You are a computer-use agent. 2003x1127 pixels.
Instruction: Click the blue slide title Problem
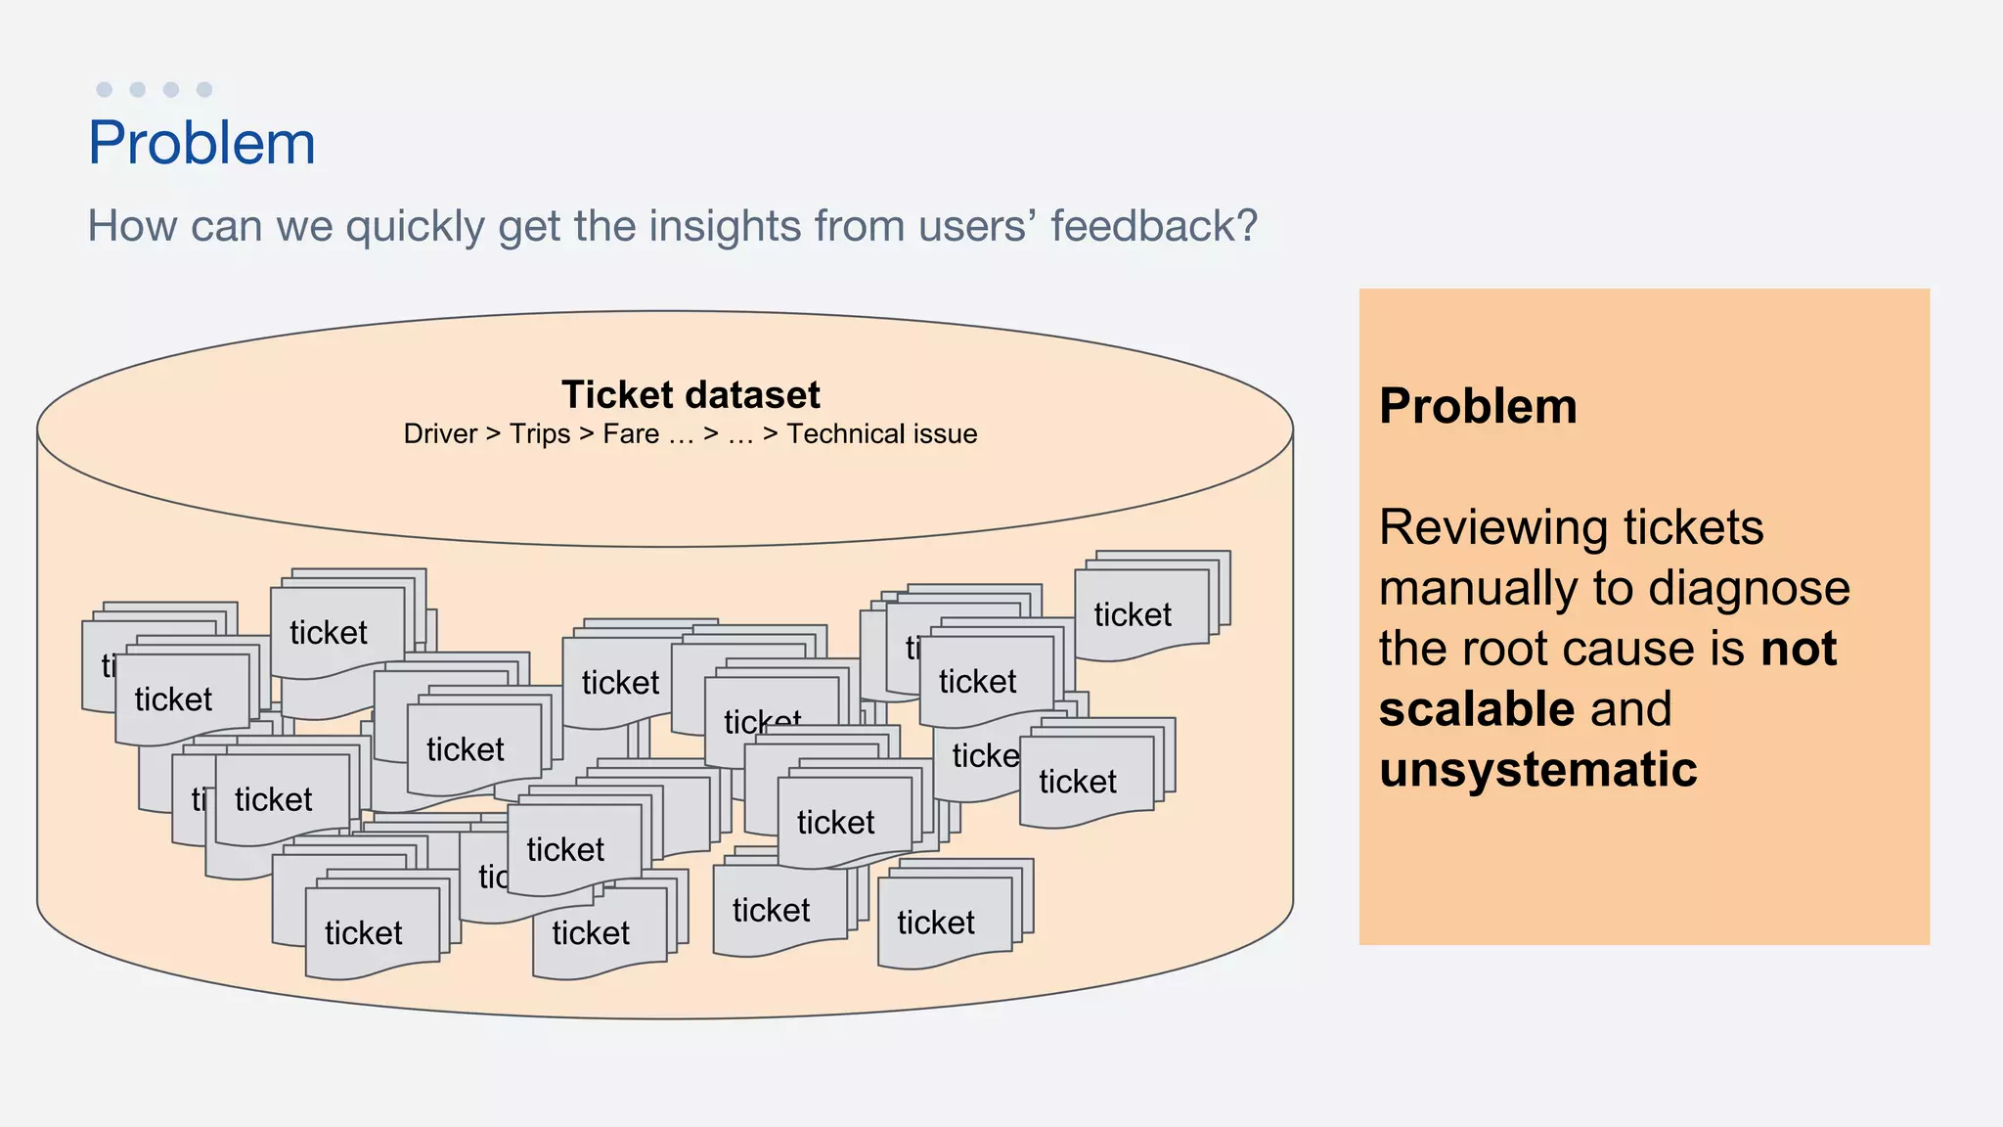tap(201, 143)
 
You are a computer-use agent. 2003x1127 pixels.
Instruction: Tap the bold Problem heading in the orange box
tap(1477, 406)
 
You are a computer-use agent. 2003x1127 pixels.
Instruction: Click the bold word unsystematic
tap(1537, 769)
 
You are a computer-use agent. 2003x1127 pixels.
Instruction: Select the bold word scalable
tap(1476, 708)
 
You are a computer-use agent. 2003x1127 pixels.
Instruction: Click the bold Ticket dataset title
tap(690, 394)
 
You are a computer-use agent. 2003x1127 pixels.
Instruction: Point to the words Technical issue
tap(881, 433)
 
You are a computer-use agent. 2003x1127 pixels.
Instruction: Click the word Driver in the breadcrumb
tap(440, 433)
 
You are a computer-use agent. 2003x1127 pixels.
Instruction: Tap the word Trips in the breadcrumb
tap(540, 433)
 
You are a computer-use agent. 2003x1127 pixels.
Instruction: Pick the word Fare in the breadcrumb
tap(631, 433)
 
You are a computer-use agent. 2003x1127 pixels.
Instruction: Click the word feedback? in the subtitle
tap(1154, 226)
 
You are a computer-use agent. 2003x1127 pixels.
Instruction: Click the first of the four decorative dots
tap(105, 90)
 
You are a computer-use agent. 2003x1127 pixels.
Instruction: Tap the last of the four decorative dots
tap(204, 90)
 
